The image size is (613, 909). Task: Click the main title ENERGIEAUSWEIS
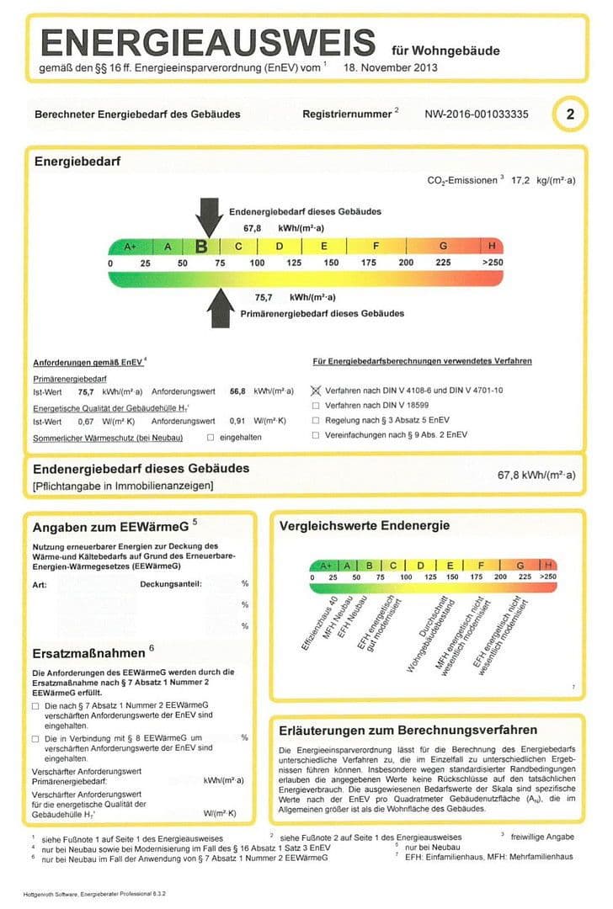click(x=207, y=42)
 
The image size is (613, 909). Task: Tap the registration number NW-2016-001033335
click(x=477, y=114)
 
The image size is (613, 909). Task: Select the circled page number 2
click(x=570, y=114)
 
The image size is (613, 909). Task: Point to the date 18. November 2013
click(x=391, y=68)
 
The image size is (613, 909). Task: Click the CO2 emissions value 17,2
click(x=524, y=180)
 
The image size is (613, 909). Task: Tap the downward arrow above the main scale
click(x=207, y=217)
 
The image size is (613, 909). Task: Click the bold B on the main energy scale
click(x=201, y=247)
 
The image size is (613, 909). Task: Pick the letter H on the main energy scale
click(x=491, y=247)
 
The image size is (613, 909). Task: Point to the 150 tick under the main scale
click(x=331, y=263)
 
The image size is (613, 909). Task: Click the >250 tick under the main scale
click(x=491, y=263)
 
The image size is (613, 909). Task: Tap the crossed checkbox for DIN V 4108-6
click(x=316, y=391)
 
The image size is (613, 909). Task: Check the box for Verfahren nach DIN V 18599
click(x=316, y=406)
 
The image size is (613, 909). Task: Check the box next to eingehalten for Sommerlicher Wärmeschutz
click(x=211, y=437)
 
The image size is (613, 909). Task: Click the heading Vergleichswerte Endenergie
click(x=364, y=526)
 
